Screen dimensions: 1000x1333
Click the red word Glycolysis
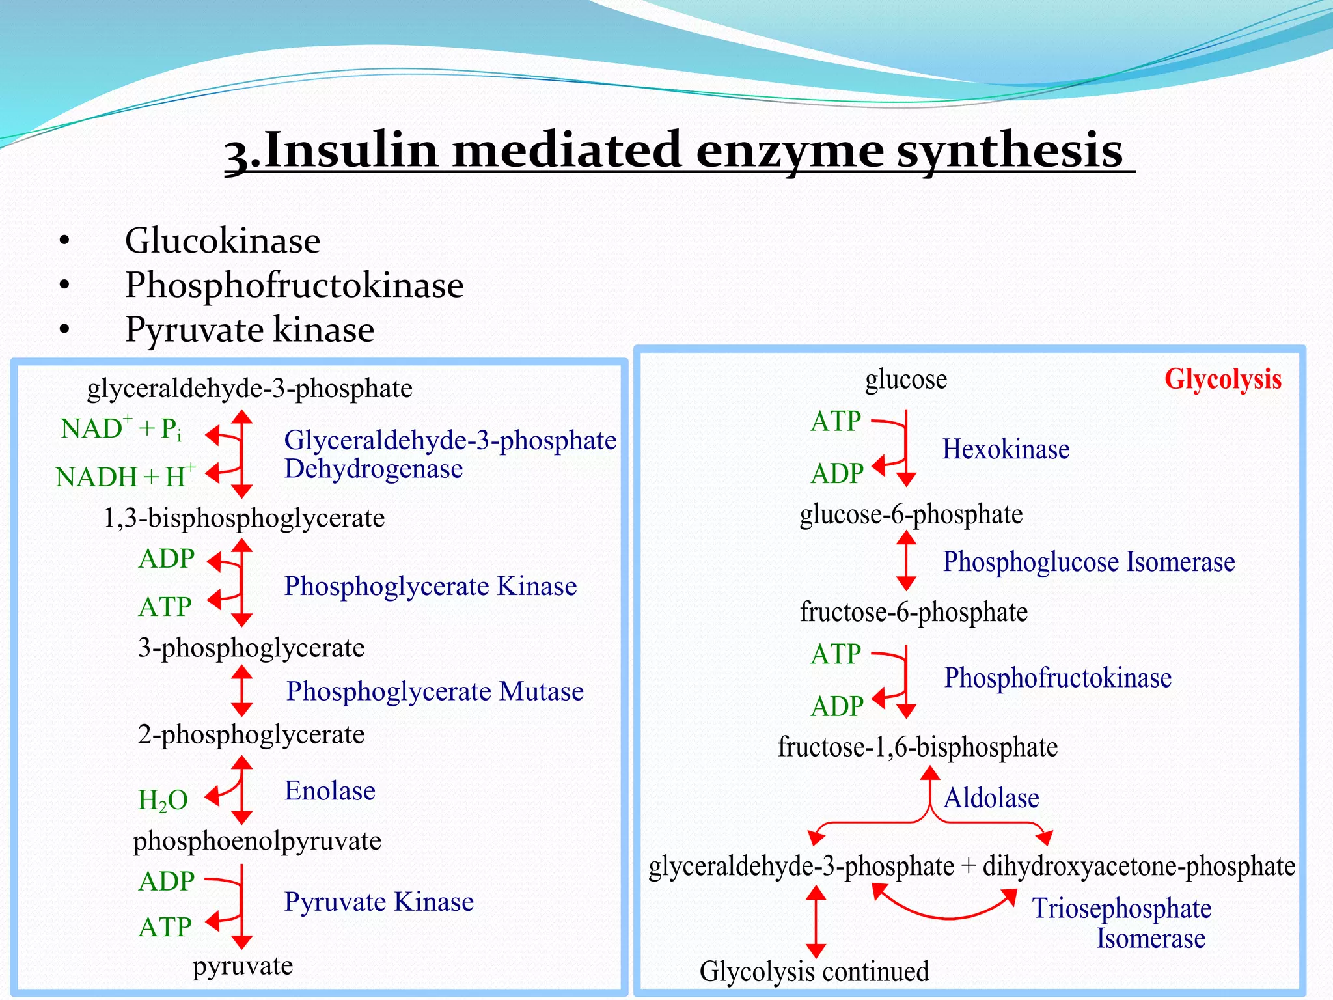(x=1222, y=380)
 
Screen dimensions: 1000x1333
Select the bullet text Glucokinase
(x=223, y=241)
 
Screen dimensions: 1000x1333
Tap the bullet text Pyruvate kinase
(x=250, y=329)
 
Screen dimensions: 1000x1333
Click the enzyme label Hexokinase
(x=1006, y=449)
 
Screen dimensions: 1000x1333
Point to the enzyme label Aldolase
(x=991, y=798)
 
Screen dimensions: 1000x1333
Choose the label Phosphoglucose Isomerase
(x=1088, y=562)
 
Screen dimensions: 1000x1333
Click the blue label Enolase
(x=330, y=791)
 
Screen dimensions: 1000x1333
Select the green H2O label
(x=163, y=800)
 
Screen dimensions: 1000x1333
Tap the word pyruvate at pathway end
(x=242, y=965)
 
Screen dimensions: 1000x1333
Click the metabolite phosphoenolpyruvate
(x=257, y=841)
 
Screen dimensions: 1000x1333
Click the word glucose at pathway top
(x=905, y=380)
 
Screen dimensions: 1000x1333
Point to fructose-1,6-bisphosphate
(x=917, y=747)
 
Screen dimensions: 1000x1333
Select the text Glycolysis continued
(x=814, y=971)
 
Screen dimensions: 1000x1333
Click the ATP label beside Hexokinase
(x=836, y=422)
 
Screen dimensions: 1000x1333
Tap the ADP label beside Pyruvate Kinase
(x=167, y=882)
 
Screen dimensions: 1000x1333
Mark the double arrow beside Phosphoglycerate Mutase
(x=241, y=691)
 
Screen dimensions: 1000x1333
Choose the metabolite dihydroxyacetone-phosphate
(x=1138, y=867)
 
